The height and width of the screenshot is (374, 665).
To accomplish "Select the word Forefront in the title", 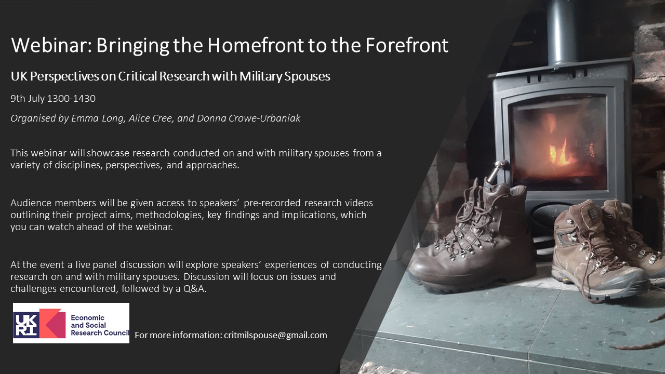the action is [407, 45].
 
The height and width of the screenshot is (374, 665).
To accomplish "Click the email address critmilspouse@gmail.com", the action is [275, 335].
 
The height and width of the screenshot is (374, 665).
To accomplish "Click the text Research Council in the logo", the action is [100, 333].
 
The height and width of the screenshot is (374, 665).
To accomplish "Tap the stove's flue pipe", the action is [562, 31].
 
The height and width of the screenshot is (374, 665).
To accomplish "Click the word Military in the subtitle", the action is [260, 76].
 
